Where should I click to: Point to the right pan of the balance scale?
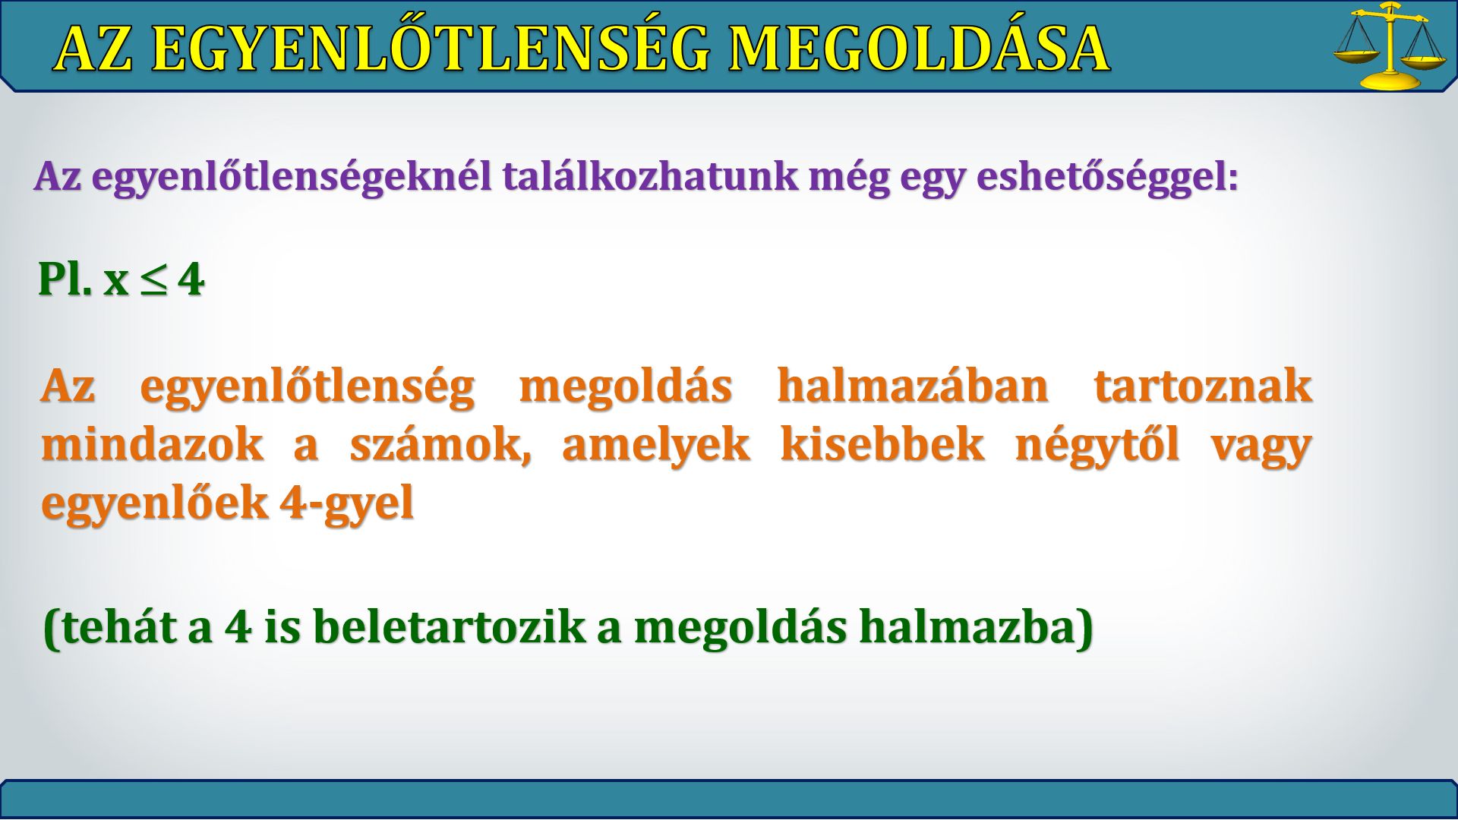tap(1425, 63)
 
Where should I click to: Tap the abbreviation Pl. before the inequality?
tap(65, 279)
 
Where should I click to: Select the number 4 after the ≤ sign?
tap(191, 279)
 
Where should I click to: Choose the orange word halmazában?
tap(913, 386)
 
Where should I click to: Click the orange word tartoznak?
tap(1204, 386)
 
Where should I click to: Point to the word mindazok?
tap(153, 444)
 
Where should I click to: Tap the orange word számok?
tap(440, 444)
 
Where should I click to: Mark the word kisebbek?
tap(882, 444)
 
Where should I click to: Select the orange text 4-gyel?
tap(346, 503)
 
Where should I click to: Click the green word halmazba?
tap(966, 628)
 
